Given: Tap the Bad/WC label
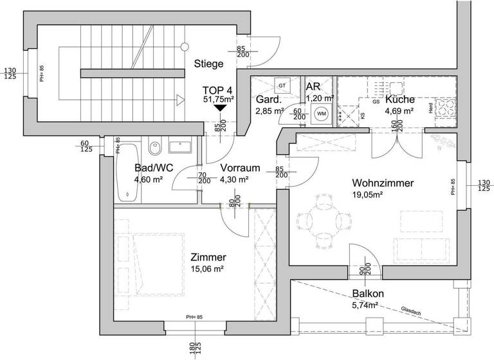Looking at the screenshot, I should pyautogui.click(x=148, y=168).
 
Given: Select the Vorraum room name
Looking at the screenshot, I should pyautogui.click(x=240, y=168).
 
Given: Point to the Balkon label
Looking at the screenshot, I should pyautogui.click(x=368, y=294).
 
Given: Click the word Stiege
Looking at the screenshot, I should pyautogui.click(x=208, y=64).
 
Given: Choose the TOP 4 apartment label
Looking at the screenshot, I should pyautogui.click(x=218, y=89).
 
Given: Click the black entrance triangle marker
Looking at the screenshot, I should pyautogui.click(x=220, y=108).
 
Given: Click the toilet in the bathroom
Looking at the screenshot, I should pyautogui.click(x=153, y=149).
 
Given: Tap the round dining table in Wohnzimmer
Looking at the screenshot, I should pyautogui.click(x=321, y=219).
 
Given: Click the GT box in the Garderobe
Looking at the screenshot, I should pyautogui.click(x=282, y=85).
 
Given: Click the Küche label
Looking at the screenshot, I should pyautogui.click(x=399, y=100).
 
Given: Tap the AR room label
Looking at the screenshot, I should pyautogui.click(x=313, y=87).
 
